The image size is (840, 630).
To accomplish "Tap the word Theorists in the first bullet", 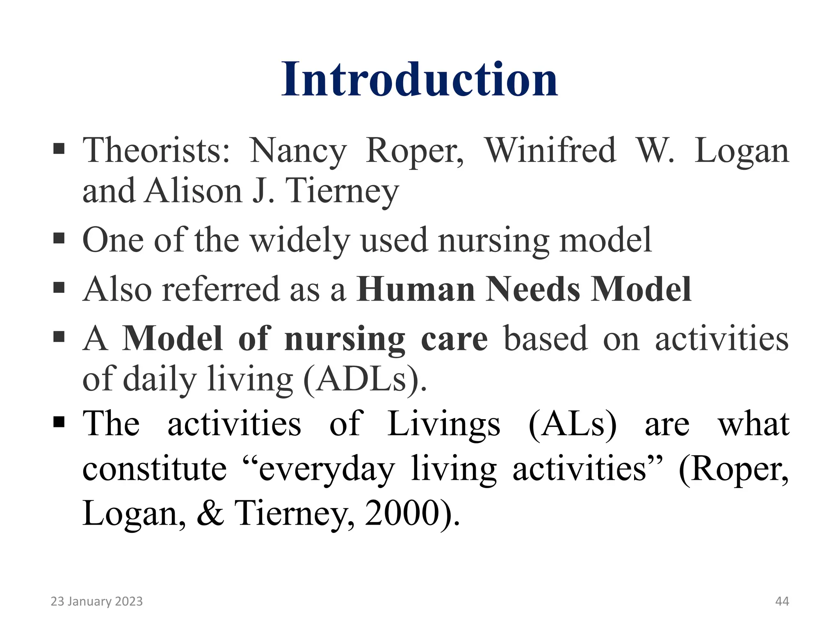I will pos(156,151).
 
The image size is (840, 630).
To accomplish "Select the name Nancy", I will pos(298,151).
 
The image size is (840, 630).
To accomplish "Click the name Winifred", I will pos(550,151).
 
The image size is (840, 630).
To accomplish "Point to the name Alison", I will pos(193,191).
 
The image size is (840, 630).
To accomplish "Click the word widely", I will pos(300,240).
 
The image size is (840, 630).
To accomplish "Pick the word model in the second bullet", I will pos(605,240).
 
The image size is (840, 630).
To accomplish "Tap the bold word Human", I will pos(416,289).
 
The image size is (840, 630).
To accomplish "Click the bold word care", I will pos(454,339).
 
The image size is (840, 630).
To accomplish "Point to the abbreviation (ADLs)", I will pos(365,379).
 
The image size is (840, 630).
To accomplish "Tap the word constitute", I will pos(154,469).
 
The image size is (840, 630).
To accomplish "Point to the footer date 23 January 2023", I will pos(96,601).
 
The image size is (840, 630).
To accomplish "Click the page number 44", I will pos(782,601).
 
